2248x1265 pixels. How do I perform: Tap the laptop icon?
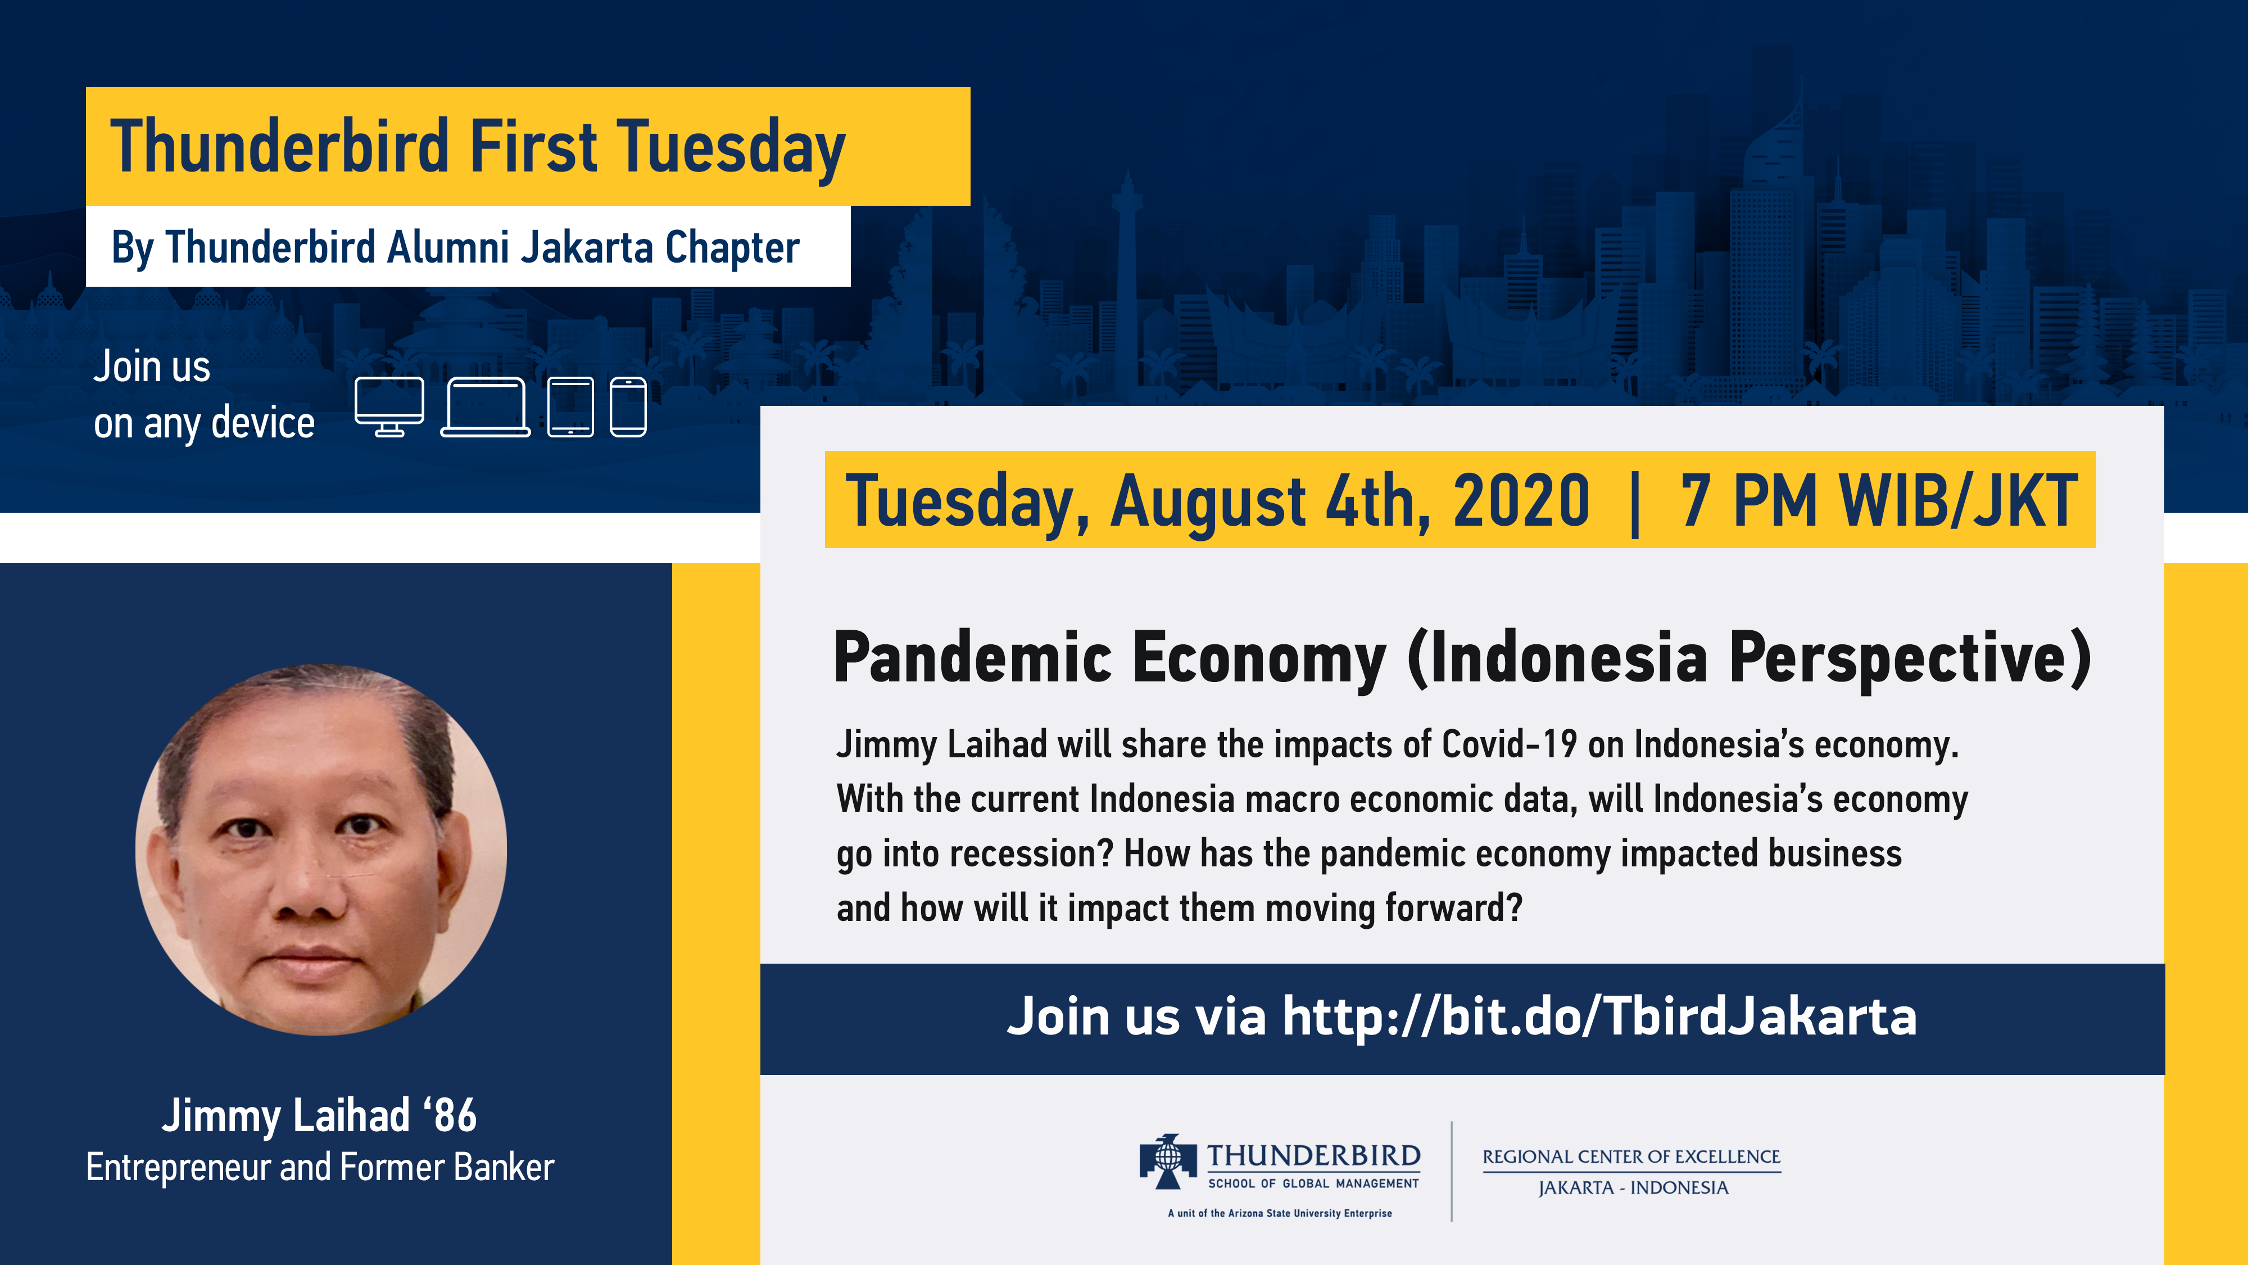[x=485, y=407]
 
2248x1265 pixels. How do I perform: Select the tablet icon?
[x=571, y=407]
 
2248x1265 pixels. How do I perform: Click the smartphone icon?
[x=628, y=407]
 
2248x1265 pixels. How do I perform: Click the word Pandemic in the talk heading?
[x=973, y=657]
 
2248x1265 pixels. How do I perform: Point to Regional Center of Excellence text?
[x=1631, y=1156]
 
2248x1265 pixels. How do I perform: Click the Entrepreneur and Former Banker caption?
[x=320, y=1167]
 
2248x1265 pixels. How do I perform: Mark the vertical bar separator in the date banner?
[x=1634, y=502]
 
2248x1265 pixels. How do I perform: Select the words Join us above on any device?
[x=152, y=367]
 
